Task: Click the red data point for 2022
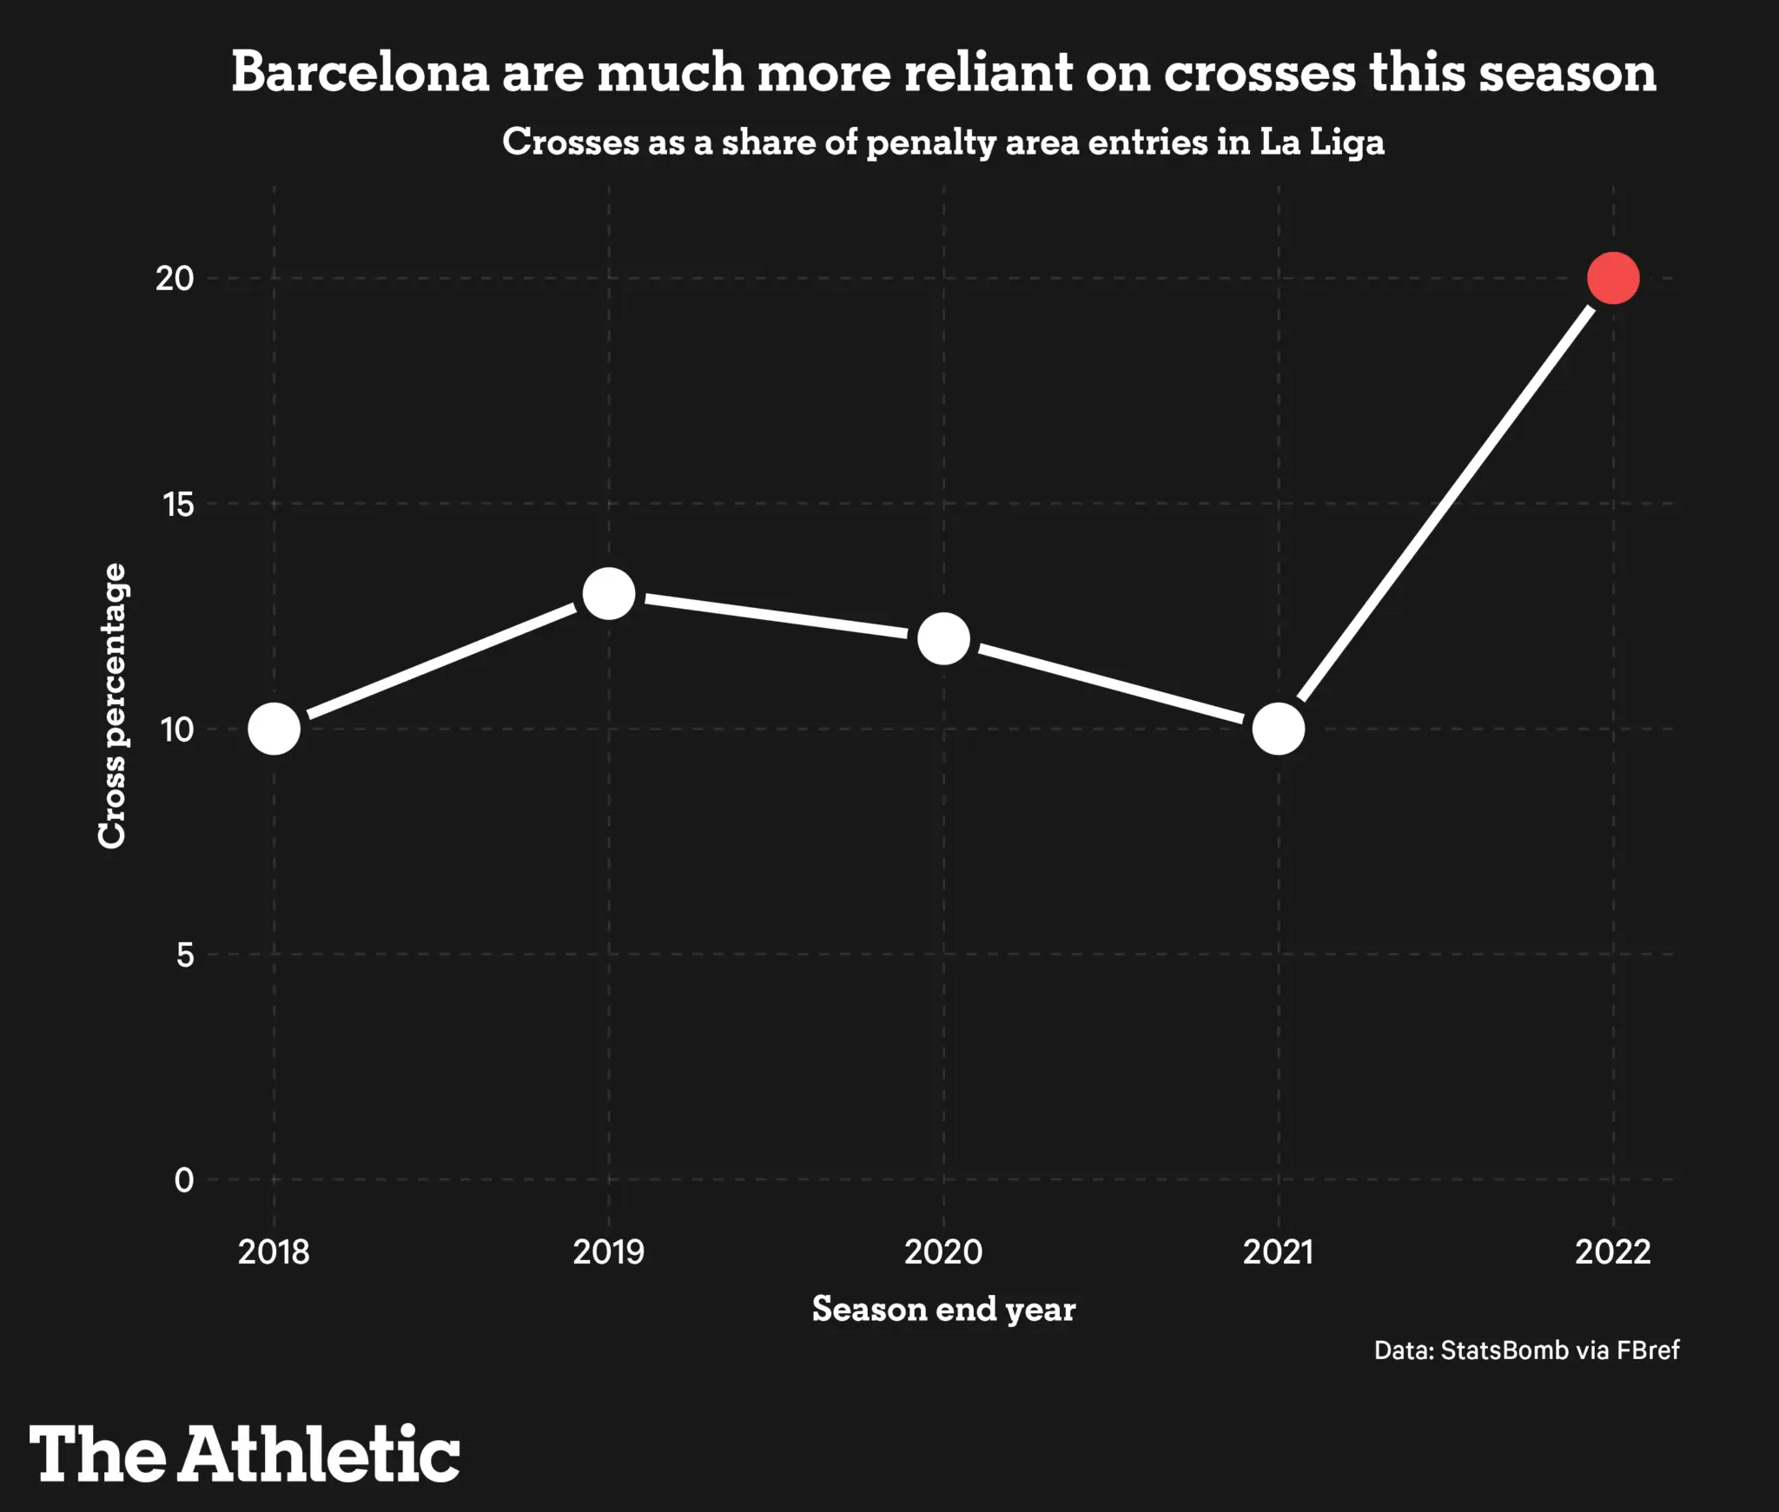pyautogui.click(x=1612, y=278)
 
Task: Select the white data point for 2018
pyautogui.click(x=274, y=729)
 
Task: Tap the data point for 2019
pyautogui.click(x=608, y=594)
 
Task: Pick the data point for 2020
pyautogui.click(x=943, y=638)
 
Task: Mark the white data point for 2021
pyautogui.click(x=1278, y=729)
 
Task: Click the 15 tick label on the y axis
pyautogui.click(x=178, y=504)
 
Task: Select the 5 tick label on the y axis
pyautogui.click(x=185, y=954)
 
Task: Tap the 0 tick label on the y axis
pyautogui.click(x=184, y=1179)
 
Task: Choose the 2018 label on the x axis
pyautogui.click(x=274, y=1251)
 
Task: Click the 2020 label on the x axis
pyautogui.click(x=943, y=1251)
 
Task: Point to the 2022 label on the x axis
pyautogui.click(x=1612, y=1251)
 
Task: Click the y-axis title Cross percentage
pyautogui.click(x=112, y=705)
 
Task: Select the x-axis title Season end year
pyautogui.click(x=943, y=1309)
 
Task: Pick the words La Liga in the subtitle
pyautogui.click(x=1321, y=142)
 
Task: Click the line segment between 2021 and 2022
pyautogui.click(x=1445, y=504)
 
